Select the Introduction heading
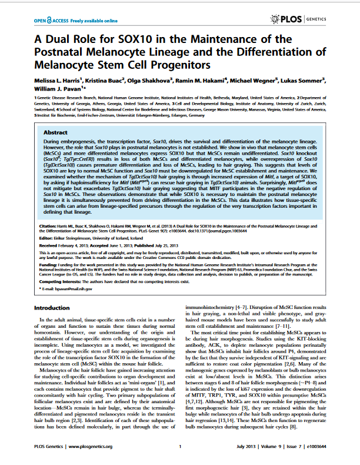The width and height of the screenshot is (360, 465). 52,308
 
